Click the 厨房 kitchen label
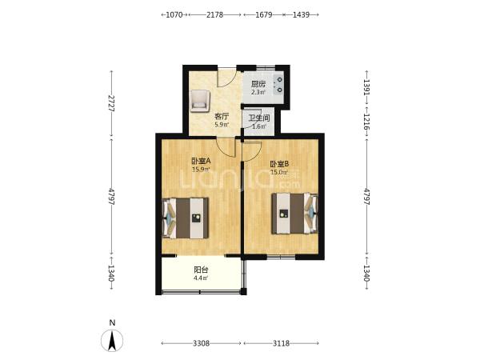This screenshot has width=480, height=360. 258,84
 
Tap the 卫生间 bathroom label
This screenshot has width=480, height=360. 258,118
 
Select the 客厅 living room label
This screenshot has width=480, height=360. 222,117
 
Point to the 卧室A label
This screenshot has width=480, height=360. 202,161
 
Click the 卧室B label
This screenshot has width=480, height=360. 279,164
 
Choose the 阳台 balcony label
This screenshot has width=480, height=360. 201,270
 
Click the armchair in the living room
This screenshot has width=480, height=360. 200,100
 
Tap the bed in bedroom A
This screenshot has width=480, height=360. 186,218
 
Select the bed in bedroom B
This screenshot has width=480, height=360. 294,214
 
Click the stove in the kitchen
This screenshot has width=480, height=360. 279,85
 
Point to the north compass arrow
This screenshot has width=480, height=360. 112,341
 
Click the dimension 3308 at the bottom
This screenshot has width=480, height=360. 201,343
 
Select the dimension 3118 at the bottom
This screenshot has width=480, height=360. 281,343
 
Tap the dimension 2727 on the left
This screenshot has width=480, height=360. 111,103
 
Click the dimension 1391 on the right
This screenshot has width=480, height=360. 366,87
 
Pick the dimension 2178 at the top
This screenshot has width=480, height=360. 214,14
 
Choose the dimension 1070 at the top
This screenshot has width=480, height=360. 174,14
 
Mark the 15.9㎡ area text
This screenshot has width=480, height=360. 201,169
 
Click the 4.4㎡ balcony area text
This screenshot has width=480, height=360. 201,278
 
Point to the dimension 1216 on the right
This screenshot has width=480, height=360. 366,122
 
